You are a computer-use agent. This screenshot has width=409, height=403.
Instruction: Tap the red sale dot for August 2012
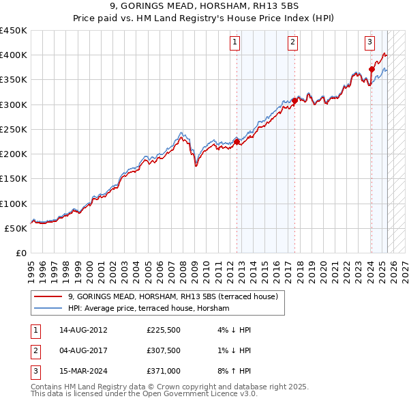click(237, 141)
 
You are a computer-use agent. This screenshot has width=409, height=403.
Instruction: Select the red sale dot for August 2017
click(294, 101)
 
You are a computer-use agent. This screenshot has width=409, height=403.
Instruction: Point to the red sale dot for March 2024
click(372, 69)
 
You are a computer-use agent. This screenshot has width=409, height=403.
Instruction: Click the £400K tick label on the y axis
click(13, 55)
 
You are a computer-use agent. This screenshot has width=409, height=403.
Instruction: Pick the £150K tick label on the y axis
click(13, 179)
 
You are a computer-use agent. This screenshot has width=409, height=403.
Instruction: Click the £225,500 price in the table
click(164, 330)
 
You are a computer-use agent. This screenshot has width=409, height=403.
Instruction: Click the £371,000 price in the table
click(164, 372)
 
